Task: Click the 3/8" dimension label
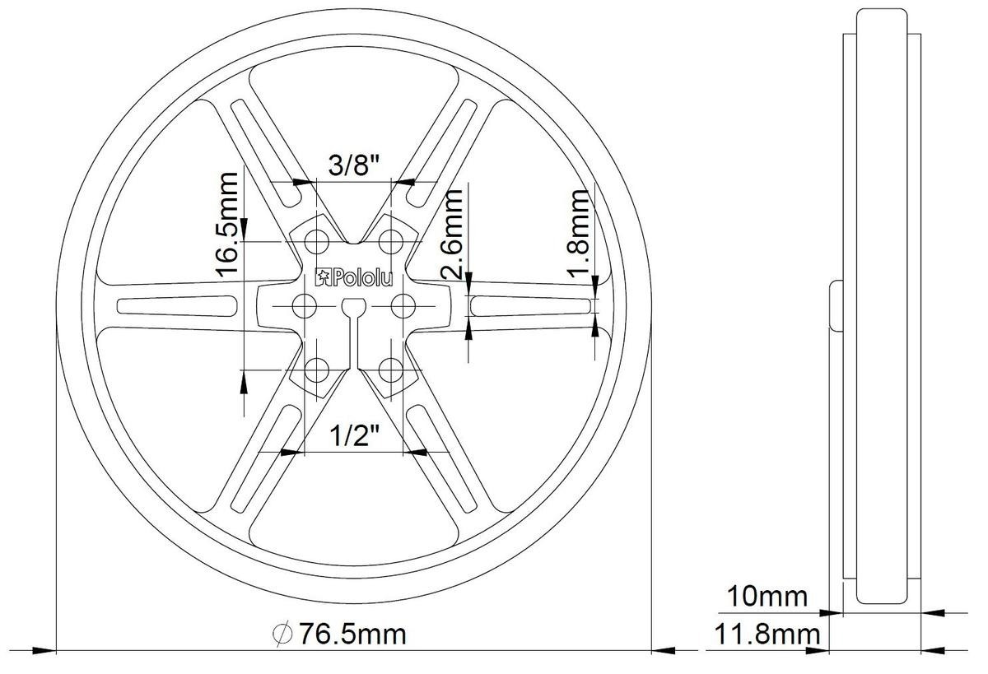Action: tap(354, 165)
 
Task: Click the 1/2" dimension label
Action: tap(355, 436)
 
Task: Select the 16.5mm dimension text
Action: tap(228, 225)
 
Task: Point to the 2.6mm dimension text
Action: tap(454, 235)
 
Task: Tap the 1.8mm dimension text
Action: tap(579, 234)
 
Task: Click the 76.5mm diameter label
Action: tap(353, 634)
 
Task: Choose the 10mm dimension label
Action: tap(767, 597)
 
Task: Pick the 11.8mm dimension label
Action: tap(767, 634)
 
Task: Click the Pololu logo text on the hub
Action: tap(354, 277)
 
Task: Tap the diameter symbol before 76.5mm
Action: tap(282, 634)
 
